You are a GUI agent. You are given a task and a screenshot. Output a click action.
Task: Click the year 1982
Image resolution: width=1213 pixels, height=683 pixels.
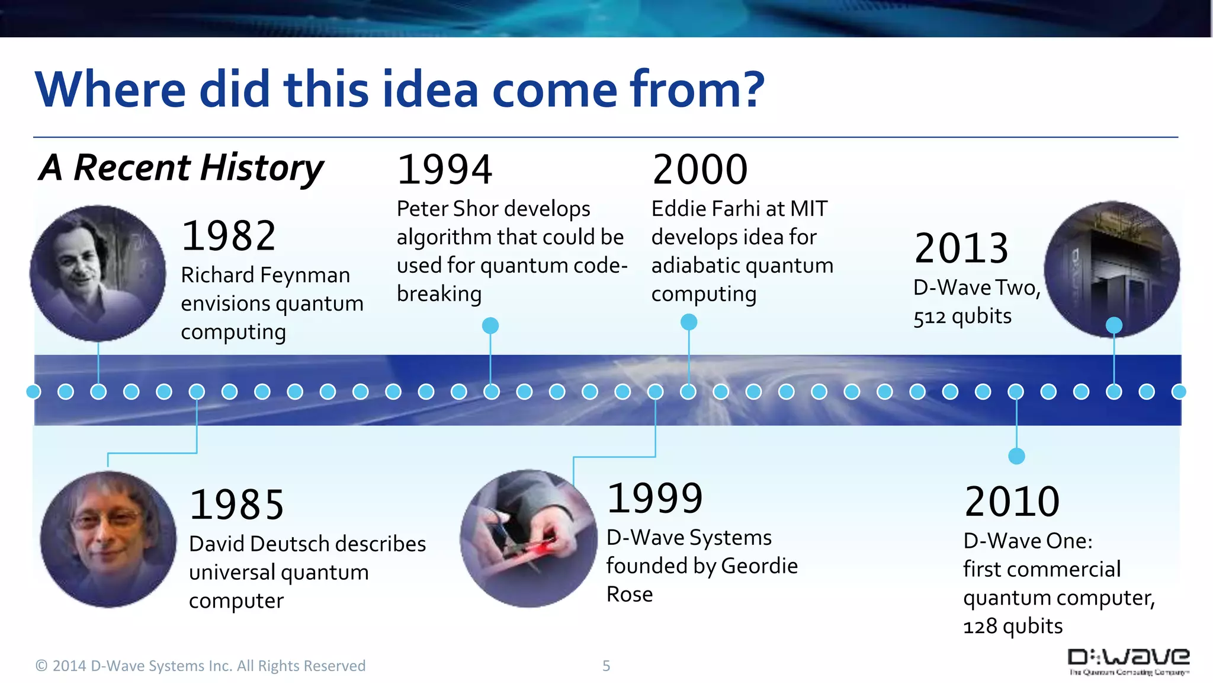[229, 235]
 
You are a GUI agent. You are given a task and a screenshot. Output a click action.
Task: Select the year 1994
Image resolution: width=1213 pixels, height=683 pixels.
[444, 170]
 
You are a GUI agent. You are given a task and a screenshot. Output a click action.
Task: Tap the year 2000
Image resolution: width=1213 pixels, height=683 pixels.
[699, 170]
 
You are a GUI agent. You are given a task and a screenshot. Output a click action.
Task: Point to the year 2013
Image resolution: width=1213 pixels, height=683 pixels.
[961, 248]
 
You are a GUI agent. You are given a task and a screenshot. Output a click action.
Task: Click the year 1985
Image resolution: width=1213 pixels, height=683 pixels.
[237, 505]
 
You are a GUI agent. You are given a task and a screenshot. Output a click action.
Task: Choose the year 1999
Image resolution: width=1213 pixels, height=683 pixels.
[655, 498]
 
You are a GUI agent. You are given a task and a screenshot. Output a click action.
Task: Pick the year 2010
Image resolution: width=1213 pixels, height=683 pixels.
[1012, 502]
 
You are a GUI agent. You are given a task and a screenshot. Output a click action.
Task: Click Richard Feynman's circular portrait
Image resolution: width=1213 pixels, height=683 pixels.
[98, 273]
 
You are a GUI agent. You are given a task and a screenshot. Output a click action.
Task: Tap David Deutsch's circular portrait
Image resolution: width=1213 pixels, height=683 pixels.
[108, 539]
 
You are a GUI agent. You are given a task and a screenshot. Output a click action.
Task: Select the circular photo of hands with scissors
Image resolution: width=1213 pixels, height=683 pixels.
[528, 538]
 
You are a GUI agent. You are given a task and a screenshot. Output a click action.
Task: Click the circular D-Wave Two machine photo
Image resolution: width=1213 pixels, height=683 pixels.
[1112, 268]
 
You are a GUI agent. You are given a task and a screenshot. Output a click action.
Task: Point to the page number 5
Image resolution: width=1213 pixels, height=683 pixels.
[606, 666]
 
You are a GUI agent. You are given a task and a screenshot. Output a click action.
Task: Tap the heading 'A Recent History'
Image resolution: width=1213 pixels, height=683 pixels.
[182, 168]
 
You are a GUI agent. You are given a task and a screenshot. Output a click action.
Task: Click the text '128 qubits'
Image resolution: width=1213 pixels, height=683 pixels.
[1013, 626]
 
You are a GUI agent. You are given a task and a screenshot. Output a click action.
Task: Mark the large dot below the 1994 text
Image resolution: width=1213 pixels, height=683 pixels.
[490, 325]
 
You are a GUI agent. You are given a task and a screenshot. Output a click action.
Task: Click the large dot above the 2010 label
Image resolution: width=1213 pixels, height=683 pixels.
[1016, 456]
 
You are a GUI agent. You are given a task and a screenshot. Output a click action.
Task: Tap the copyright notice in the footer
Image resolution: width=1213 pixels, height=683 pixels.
[200, 666]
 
